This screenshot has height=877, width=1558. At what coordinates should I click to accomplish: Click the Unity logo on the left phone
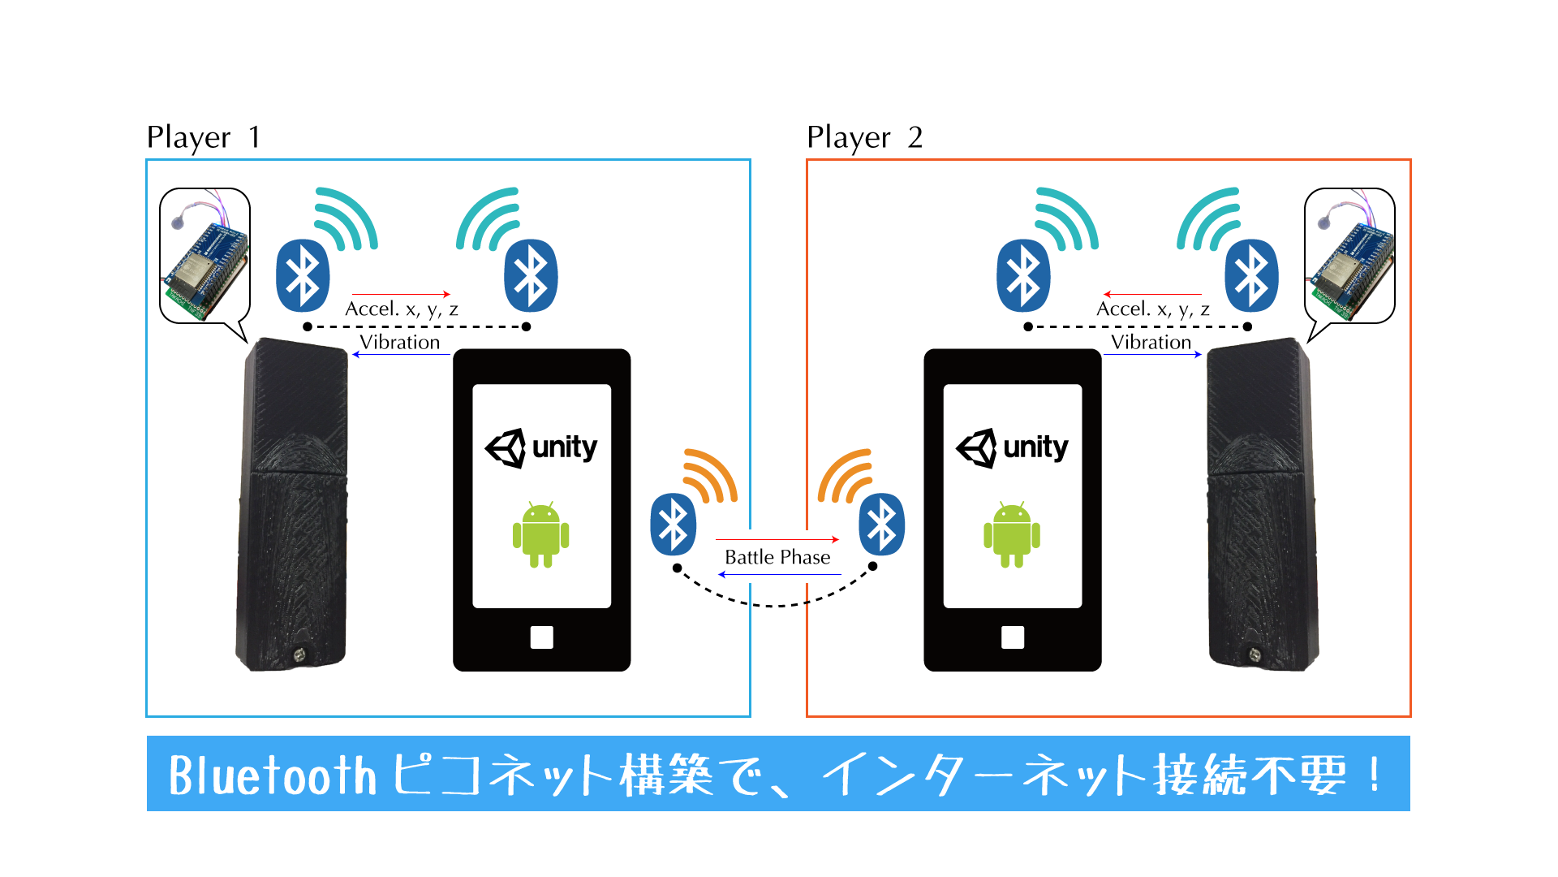point(540,447)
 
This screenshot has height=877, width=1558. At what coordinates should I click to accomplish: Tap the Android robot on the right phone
point(1011,534)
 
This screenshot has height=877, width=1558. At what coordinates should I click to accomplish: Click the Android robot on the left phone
point(540,534)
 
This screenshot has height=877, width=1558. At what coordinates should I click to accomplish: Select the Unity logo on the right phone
point(1011,447)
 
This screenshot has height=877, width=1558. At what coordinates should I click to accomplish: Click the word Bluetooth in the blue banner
point(273,775)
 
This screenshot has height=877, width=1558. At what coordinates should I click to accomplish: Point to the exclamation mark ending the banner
point(1373,775)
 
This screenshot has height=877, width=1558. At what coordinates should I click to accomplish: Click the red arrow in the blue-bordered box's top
point(401,294)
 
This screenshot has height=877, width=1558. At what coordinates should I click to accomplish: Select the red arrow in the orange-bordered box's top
point(1152,294)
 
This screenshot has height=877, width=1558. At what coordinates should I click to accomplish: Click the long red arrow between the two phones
point(777,539)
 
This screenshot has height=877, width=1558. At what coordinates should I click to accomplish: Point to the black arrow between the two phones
point(779,575)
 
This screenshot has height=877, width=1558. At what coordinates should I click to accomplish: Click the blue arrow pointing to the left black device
point(401,355)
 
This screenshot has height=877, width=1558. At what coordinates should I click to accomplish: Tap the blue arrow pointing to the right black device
point(1152,355)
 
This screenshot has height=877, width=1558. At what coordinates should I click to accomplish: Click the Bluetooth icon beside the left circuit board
point(303,276)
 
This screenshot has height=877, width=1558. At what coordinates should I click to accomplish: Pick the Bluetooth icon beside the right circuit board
point(1251,276)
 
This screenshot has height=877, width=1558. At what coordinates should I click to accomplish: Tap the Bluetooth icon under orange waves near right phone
point(882,525)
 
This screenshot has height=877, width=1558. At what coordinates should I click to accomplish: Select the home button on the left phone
point(541,637)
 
